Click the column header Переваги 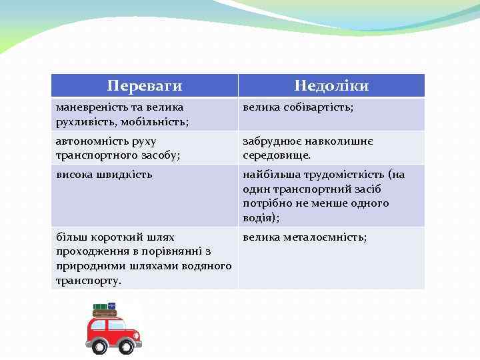tap(145, 86)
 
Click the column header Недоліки tap(331, 86)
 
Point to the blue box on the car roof tap(111, 305)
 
